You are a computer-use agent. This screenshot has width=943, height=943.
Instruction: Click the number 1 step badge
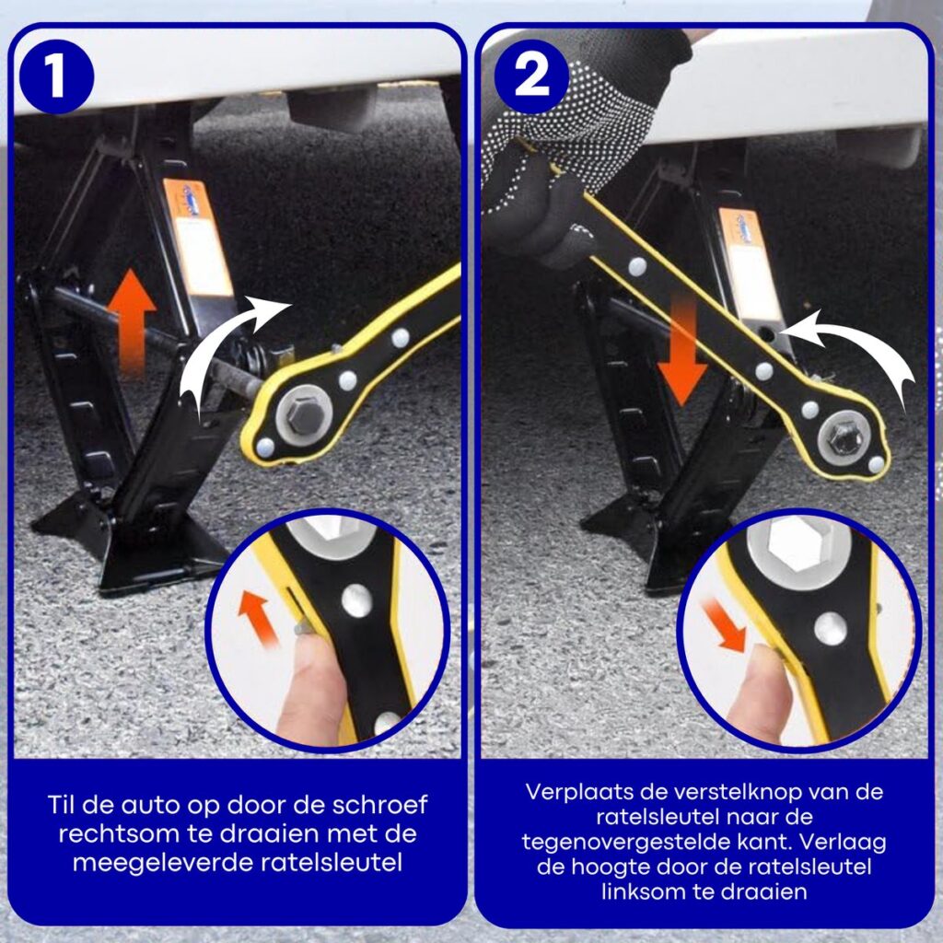pos(56,76)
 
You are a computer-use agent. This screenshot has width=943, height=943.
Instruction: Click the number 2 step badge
pos(531,76)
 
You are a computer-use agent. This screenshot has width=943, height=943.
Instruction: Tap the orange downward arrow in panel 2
pos(682,352)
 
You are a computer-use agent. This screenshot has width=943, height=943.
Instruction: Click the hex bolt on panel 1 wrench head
pos(304,413)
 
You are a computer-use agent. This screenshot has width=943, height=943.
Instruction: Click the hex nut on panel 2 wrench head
pos(844,437)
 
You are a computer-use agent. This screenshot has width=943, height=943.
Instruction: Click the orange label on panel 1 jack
pos(198,238)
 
